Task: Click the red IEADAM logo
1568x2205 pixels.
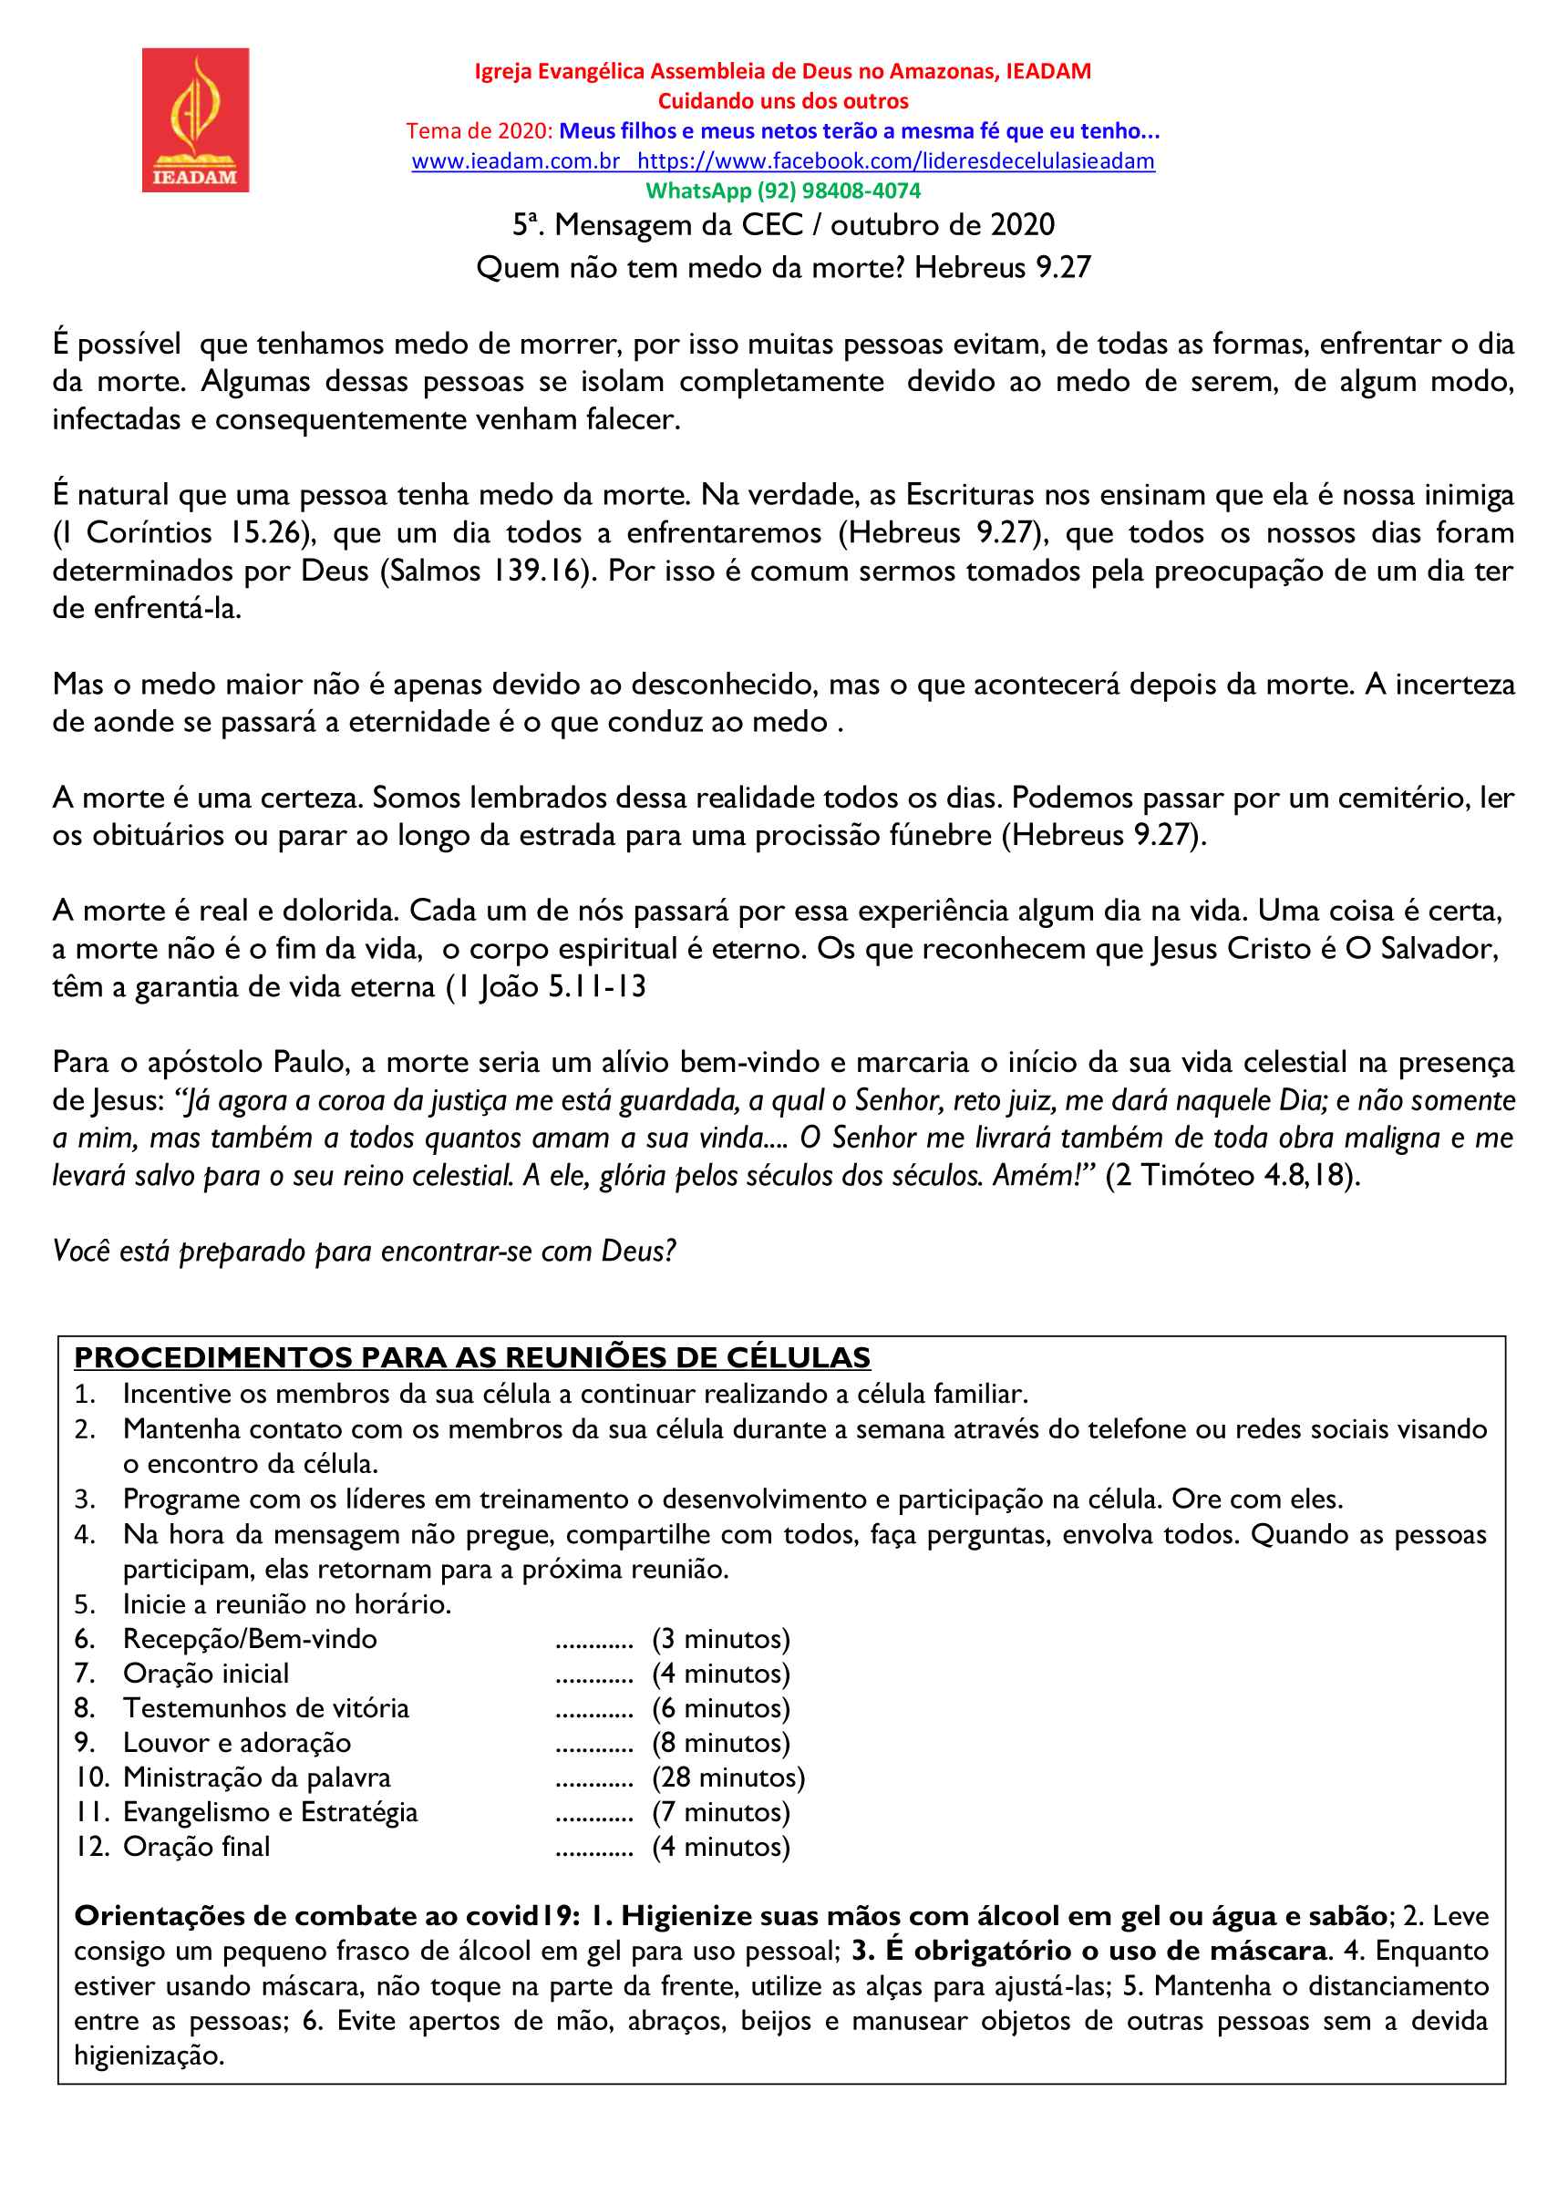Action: click(x=195, y=119)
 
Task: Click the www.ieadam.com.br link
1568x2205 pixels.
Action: click(x=515, y=161)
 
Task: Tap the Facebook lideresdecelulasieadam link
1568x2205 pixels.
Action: click(x=895, y=161)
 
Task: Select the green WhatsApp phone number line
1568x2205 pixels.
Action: click(x=783, y=191)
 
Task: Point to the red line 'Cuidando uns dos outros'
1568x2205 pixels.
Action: click(x=783, y=101)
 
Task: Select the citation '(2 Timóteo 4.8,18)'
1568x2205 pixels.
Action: click(x=1232, y=1176)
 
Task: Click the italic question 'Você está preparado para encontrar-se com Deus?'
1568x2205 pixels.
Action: click(x=364, y=1252)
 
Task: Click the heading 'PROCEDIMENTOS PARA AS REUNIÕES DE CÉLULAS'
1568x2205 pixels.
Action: click(x=472, y=1357)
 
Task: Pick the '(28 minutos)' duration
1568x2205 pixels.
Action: click(x=728, y=1777)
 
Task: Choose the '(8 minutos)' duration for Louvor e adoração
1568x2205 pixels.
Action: click(x=720, y=1743)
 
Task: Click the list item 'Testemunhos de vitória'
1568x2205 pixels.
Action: click(x=265, y=1708)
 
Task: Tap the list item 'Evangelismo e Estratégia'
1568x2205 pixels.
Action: click(x=271, y=1812)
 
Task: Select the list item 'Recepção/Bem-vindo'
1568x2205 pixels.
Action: click(x=250, y=1638)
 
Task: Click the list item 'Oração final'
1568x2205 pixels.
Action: click(x=196, y=1847)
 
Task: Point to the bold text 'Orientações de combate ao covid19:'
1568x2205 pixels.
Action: click(x=327, y=1916)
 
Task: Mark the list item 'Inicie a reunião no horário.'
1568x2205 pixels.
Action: click(x=287, y=1603)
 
